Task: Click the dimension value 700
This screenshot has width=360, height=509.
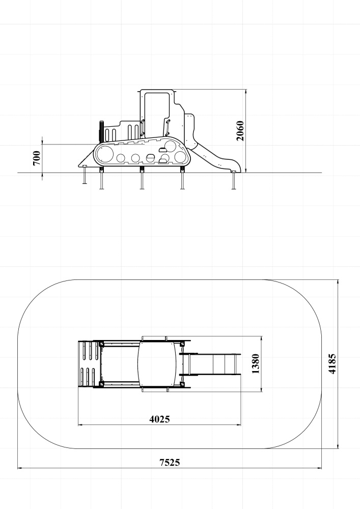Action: coord(37,158)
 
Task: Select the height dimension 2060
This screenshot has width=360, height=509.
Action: coord(240,131)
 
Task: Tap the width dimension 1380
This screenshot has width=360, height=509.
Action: coord(256,364)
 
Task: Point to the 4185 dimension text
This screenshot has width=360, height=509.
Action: coord(332,364)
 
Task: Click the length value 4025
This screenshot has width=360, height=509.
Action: coord(159,419)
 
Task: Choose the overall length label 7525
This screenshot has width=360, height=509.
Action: coord(170,462)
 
